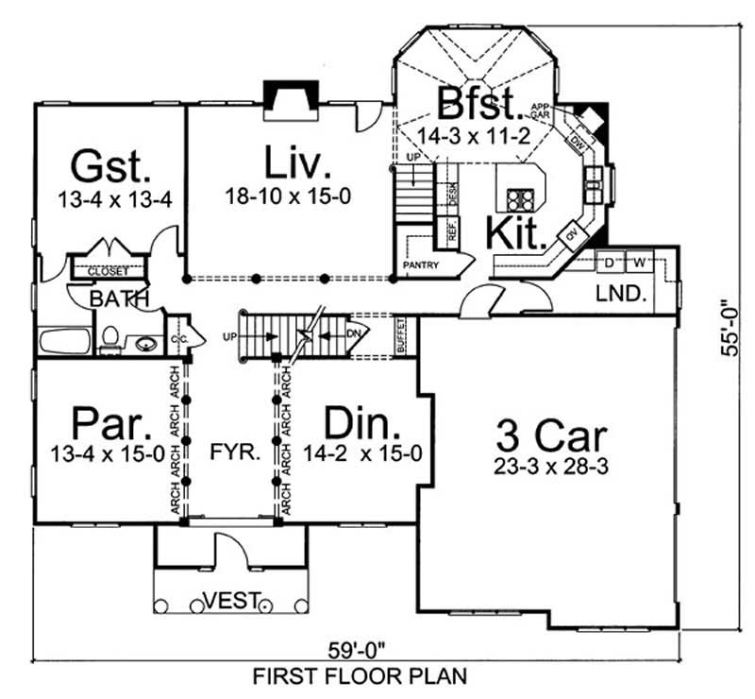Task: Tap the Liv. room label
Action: click(297, 162)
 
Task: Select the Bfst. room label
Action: click(480, 102)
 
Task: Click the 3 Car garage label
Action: click(552, 435)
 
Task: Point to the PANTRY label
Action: click(421, 265)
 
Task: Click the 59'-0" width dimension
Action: click(358, 651)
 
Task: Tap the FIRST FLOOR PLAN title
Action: click(358, 676)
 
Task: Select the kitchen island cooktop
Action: click(518, 198)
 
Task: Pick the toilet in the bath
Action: click(109, 338)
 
